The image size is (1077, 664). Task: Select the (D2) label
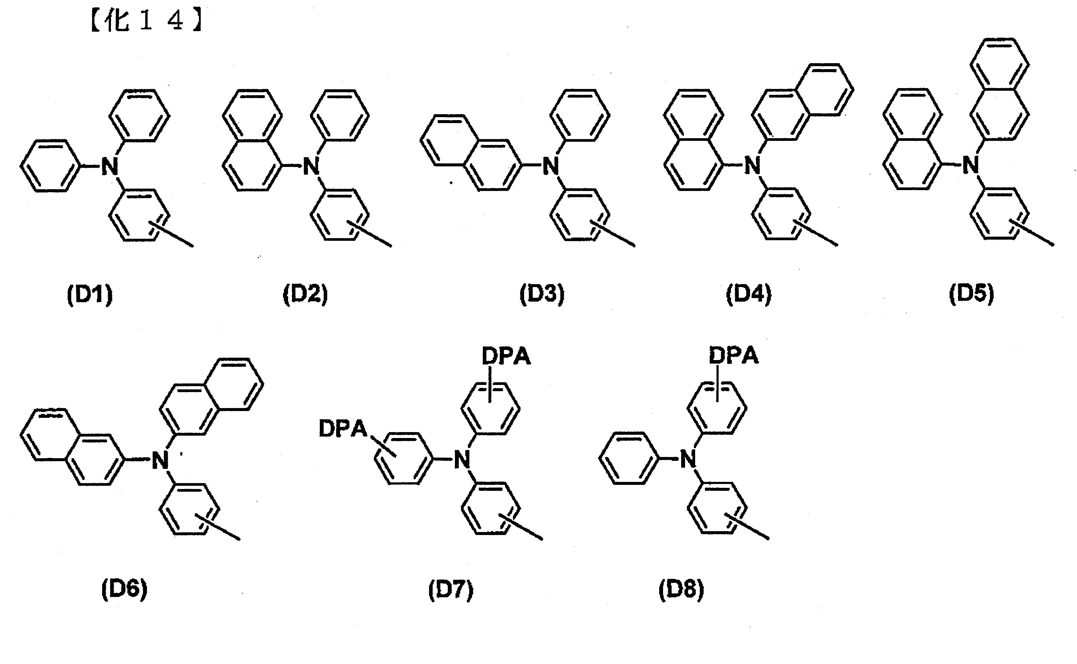pyautogui.click(x=305, y=294)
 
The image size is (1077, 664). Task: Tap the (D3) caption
pyautogui.click(x=542, y=294)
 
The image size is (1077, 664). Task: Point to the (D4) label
pyautogui.click(x=748, y=294)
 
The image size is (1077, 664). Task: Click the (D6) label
pyautogui.click(x=124, y=589)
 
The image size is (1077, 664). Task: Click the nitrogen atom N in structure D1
pyautogui.click(x=110, y=166)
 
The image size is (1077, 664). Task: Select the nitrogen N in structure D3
pyautogui.click(x=550, y=166)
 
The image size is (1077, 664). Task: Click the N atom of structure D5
pyautogui.click(x=971, y=165)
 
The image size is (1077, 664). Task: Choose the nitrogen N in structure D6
pyautogui.click(x=160, y=460)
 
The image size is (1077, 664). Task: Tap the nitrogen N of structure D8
pyautogui.click(x=688, y=460)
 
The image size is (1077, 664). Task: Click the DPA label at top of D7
pyautogui.click(x=506, y=356)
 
